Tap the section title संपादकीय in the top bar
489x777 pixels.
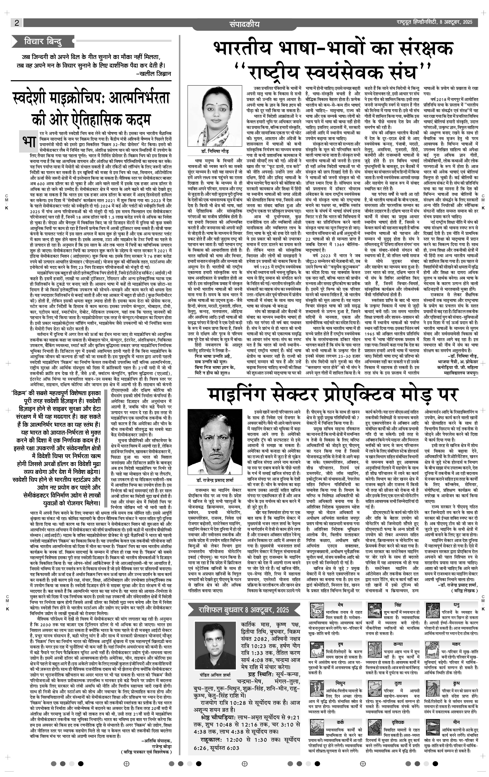[x=244, y=24]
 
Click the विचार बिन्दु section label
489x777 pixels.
[x=43, y=42]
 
